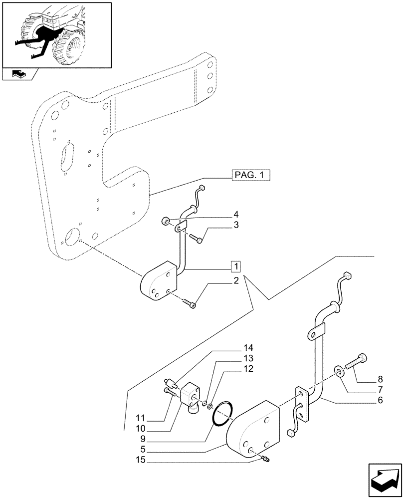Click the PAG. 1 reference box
point(250,175)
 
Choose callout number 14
point(248,348)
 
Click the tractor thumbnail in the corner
point(56,34)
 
